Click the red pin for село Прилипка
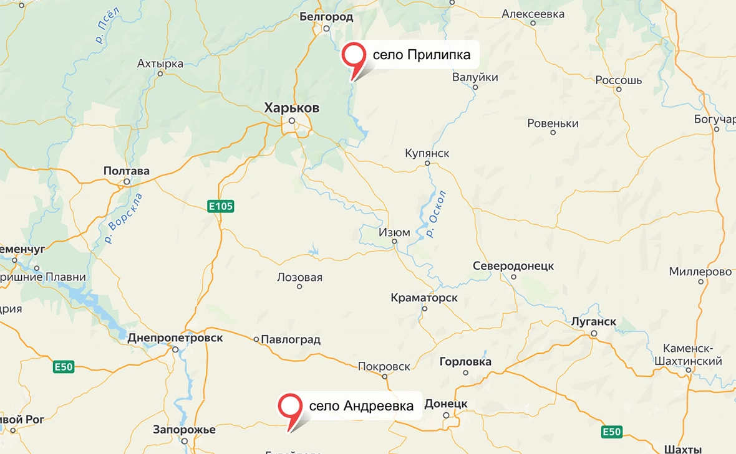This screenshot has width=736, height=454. pyautogui.click(x=354, y=55)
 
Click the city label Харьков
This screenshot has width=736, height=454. pyautogui.click(x=292, y=108)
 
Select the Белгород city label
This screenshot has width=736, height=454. pyautogui.click(x=326, y=17)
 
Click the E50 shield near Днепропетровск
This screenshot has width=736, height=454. pyautogui.click(x=64, y=367)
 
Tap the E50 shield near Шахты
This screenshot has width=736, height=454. pyautogui.click(x=612, y=432)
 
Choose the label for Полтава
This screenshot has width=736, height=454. pyautogui.click(x=127, y=171)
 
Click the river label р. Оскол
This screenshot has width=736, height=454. pyautogui.click(x=437, y=213)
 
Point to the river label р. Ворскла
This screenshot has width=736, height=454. pyautogui.click(x=123, y=218)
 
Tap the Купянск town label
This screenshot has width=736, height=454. pyautogui.click(x=427, y=153)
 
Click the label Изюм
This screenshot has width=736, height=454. pyautogui.click(x=395, y=232)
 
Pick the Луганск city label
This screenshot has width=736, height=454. pyautogui.click(x=594, y=322)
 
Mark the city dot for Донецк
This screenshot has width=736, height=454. pyautogui.click(x=446, y=415)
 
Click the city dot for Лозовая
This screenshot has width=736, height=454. pyautogui.click(x=299, y=286)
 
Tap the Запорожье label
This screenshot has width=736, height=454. pyautogui.click(x=185, y=430)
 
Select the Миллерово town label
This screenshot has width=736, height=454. pyautogui.click(x=700, y=272)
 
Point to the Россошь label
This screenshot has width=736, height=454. pyautogui.click(x=619, y=80)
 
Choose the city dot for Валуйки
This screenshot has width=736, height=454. pyautogui.click(x=475, y=87)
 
